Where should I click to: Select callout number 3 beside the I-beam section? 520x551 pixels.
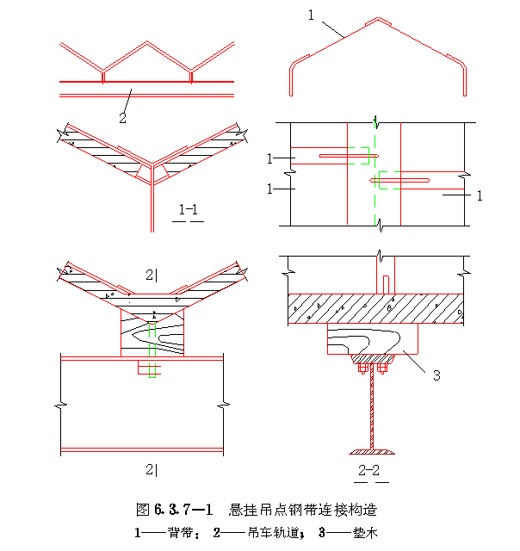436,375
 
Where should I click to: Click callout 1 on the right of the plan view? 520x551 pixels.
479,195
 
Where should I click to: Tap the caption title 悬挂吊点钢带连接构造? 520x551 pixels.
305,509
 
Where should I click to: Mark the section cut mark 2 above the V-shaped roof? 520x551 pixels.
152,275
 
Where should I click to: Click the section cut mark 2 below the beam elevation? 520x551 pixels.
152,468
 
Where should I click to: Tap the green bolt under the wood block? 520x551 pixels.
152,369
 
